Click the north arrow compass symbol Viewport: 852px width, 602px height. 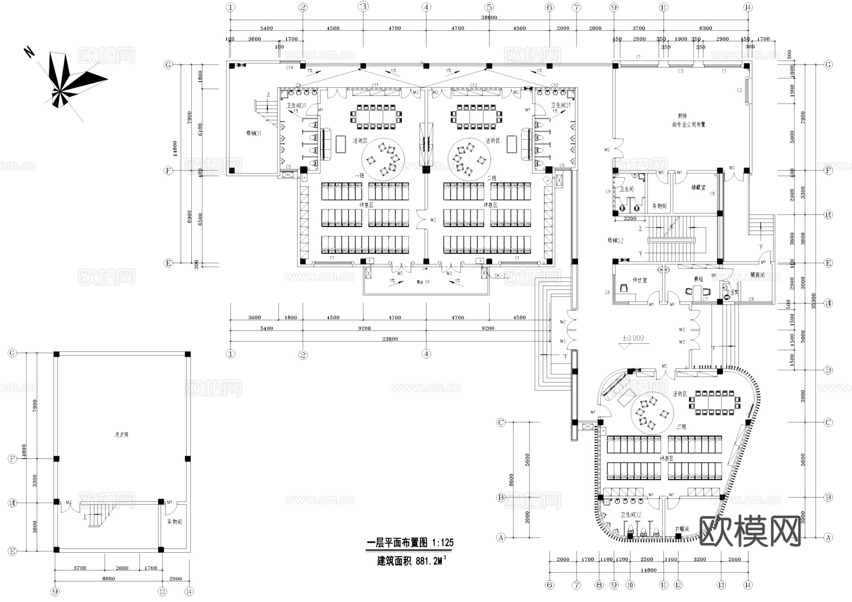pos(71,80)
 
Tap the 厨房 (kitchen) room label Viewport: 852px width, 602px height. pos(682,116)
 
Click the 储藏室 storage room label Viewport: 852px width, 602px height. pos(698,188)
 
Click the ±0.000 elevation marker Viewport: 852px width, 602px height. pos(633,338)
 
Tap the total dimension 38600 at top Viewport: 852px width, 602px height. pos(489,17)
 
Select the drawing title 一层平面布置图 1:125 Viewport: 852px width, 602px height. pos(410,542)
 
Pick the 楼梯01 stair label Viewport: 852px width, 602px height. pos(253,133)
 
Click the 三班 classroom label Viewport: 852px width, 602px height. pos(681,427)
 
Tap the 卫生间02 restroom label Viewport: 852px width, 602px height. pos(631,515)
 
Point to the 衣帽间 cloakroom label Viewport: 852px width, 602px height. pos(682,529)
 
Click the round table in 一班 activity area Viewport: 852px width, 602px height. pos(383,159)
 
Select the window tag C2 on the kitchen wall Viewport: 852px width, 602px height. pos(739,90)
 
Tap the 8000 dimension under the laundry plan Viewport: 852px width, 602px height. pos(108,578)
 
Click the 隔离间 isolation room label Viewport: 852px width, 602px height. pos(757,275)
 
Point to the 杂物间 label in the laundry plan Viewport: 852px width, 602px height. pos(174,522)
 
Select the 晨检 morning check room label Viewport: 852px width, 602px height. pos(698,279)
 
